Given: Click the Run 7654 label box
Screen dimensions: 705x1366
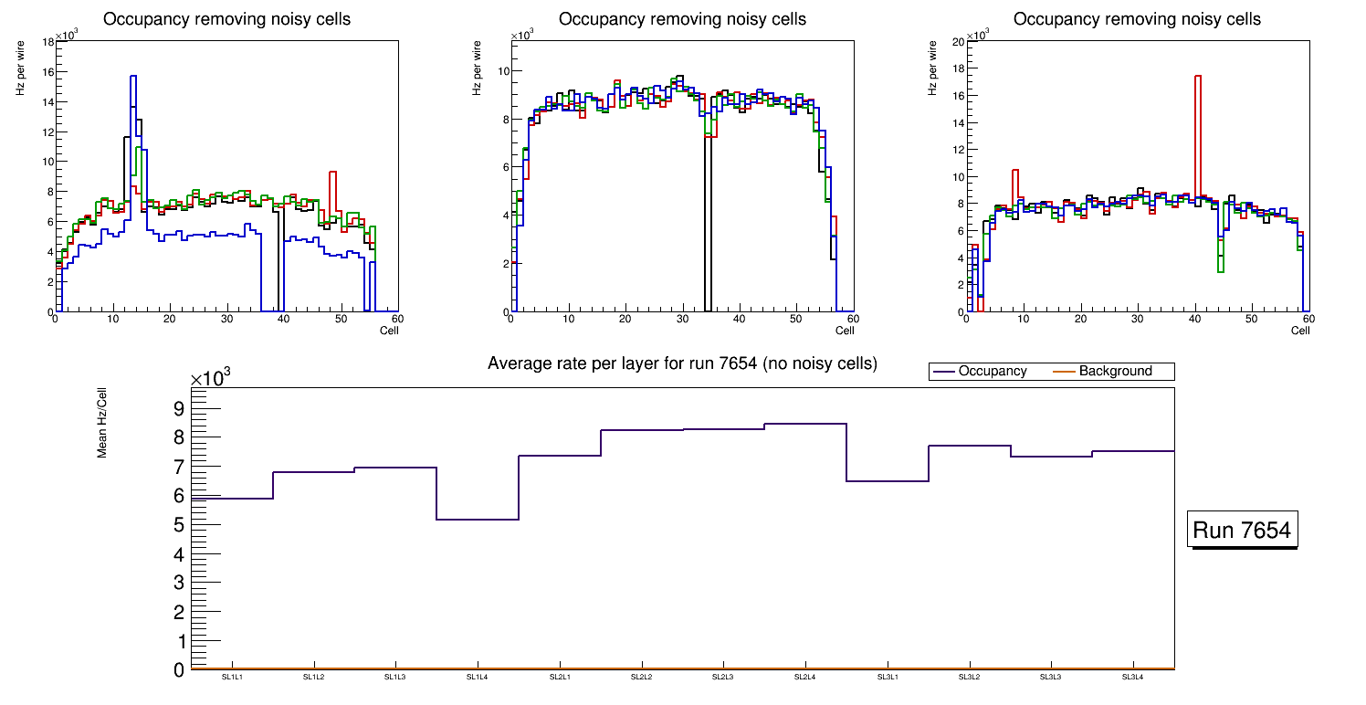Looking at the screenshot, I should point(1243,531).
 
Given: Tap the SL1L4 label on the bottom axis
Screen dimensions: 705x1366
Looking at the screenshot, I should point(478,678).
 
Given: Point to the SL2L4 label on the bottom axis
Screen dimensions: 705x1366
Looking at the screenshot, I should point(804,678).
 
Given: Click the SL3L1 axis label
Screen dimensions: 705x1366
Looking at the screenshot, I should point(887,678).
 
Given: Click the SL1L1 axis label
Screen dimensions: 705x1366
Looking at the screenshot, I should point(232,678).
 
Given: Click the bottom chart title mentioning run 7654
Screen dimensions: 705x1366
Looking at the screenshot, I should point(682,363).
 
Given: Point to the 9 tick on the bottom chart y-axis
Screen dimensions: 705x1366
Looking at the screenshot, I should point(178,407).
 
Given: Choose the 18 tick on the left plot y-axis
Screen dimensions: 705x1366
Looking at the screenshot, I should point(47,41).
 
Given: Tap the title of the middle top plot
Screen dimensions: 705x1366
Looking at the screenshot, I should point(682,19).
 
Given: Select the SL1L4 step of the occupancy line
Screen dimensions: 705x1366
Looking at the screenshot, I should point(478,520).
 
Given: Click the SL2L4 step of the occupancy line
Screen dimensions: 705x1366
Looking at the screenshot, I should point(804,424).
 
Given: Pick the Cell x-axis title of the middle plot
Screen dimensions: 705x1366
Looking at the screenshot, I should point(845,331).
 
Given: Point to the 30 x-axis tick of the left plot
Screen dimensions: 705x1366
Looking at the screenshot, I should point(226,319).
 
